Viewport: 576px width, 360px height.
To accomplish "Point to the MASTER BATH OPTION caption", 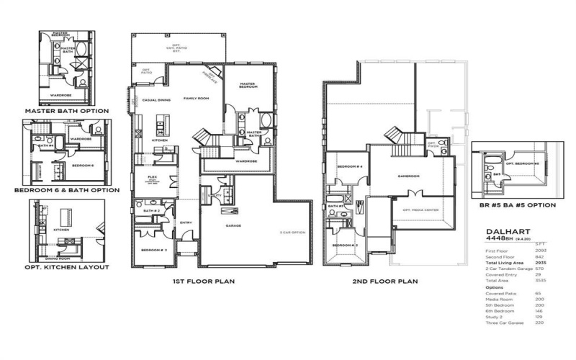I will pos(67,112).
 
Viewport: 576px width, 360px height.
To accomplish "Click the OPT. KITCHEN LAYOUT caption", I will pos(67,267).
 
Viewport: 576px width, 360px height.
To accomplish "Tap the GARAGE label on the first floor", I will pos(233,225).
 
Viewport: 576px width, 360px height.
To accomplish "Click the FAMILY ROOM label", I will pos(195,99).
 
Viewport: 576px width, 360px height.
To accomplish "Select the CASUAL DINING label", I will pos(156,100).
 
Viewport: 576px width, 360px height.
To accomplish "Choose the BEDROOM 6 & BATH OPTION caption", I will pos(67,190).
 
